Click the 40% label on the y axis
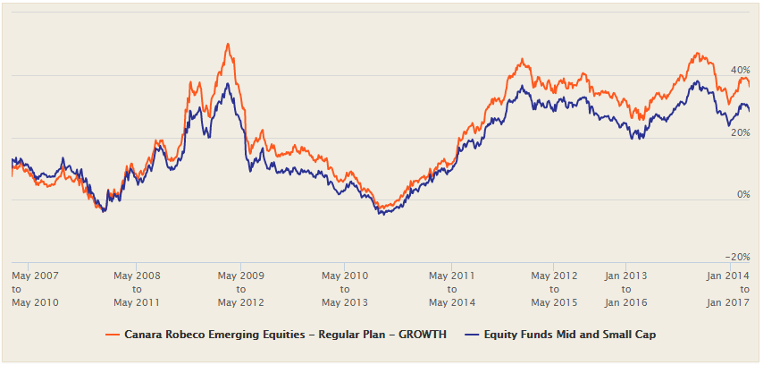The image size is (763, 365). coord(740,70)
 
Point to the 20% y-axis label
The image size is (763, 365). coord(740,132)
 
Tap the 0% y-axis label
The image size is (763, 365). coord(742,195)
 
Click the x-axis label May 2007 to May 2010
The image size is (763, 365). coord(35,289)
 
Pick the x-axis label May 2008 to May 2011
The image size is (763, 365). coord(137,289)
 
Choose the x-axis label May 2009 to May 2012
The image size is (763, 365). coord(240,289)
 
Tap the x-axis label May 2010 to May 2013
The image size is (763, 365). coord(344,289)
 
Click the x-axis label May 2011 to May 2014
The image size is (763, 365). coord(451,289)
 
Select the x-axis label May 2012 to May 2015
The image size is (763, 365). coord(554,289)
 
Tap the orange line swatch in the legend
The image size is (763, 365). coord(113,335)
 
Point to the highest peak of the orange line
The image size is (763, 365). coord(228,44)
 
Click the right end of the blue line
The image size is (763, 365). coord(749,110)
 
